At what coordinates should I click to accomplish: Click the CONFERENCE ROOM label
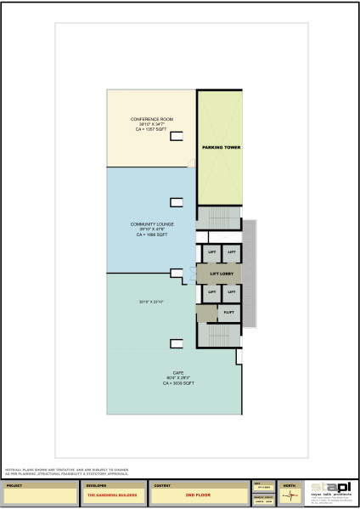click(x=149, y=118)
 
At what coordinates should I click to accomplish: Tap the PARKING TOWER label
click(x=221, y=147)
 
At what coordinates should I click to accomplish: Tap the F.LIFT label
click(x=228, y=314)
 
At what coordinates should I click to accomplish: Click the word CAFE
click(x=178, y=373)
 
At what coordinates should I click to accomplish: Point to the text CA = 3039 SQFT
click(x=179, y=383)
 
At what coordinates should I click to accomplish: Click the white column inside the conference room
click(x=177, y=135)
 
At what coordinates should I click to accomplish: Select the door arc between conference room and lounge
click(x=190, y=163)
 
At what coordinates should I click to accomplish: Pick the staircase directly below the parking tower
click(x=219, y=218)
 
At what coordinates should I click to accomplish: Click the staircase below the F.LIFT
click(x=219, y=335)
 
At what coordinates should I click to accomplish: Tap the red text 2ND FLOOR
click(x=197, y=494)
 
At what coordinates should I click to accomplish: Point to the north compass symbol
click(x=290, y=495)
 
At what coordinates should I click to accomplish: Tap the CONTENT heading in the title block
click(x=163, y=485)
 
